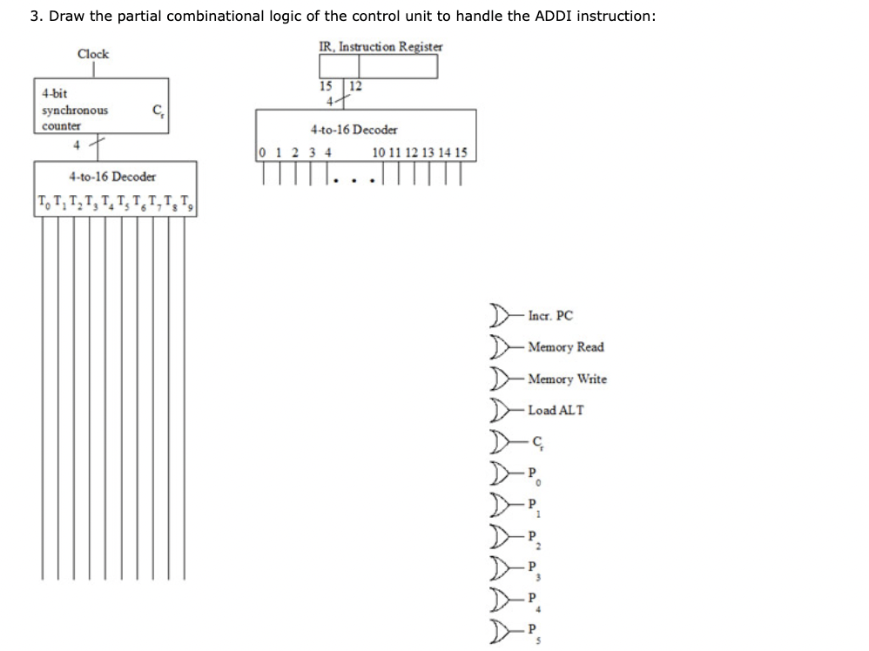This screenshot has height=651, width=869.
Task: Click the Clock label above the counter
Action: point(93,54)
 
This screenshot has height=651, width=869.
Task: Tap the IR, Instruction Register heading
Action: point(381,46)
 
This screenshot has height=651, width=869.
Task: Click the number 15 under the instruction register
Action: point(326,85)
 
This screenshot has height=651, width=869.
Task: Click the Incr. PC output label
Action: point(550,316)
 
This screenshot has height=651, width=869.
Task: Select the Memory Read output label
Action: point(566,347)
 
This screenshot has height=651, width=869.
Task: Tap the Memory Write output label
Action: point(568,379)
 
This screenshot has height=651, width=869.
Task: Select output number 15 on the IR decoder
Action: point(461,153)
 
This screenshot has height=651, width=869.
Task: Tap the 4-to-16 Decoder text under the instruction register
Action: point(354,130)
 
